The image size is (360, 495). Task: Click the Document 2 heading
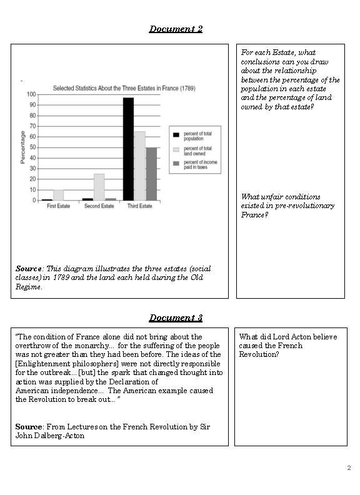coord(176,29)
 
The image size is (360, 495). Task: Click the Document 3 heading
coord(176,317)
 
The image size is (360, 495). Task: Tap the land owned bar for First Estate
coord(58,195)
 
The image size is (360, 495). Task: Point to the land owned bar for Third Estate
coord(139,166)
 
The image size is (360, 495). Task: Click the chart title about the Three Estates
coord(115,88)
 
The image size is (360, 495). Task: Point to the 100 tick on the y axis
coord(31,94)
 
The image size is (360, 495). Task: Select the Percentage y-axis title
coord(22,147)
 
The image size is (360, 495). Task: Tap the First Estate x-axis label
coord(58,206)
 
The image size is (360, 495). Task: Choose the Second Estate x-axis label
coord(99,206)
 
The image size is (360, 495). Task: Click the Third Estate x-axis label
coord(139,206)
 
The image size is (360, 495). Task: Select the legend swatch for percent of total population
coord(176,134)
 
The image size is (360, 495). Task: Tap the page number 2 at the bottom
coord(349,467)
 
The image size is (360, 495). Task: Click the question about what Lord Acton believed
coord(288,345)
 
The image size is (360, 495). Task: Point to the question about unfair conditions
coord(287,206)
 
